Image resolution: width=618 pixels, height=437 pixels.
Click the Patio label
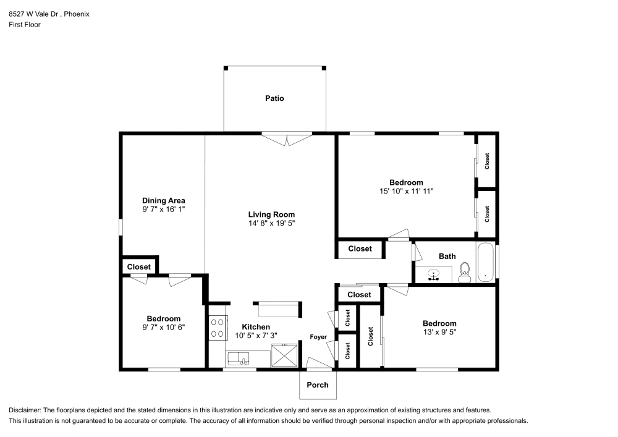click(274, 98)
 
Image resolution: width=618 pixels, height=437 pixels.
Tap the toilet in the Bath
click(465, 273)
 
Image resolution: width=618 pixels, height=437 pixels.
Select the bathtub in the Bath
click(485, 263)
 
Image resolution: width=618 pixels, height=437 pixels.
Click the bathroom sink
click(434, 275)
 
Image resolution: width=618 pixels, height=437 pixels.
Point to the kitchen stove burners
click(217, 328)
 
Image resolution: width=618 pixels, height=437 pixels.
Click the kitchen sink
click(239, 359)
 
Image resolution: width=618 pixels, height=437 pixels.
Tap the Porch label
click(317, 385)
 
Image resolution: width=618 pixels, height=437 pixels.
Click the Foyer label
click(318, 337)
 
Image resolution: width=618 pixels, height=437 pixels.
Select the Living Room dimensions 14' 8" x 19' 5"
click(271, 223)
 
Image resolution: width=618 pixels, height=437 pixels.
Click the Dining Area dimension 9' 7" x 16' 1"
click(164, 210)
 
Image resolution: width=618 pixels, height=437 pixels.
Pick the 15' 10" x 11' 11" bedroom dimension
click(407, 191)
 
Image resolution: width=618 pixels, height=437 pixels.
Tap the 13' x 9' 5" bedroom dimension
click(440, 332)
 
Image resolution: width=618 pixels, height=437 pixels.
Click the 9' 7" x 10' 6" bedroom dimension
click(164, 328)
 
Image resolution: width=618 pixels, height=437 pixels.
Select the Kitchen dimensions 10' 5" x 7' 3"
click(256, 336)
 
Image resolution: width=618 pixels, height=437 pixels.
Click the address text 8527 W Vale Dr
click(33, 14)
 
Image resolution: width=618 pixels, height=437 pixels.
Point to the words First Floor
click(25, 25)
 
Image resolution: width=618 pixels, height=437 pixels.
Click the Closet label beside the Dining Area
click(138, 267)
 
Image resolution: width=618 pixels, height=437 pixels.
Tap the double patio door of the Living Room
click(287, 139)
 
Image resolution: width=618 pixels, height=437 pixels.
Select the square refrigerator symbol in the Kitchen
click(284, 355)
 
